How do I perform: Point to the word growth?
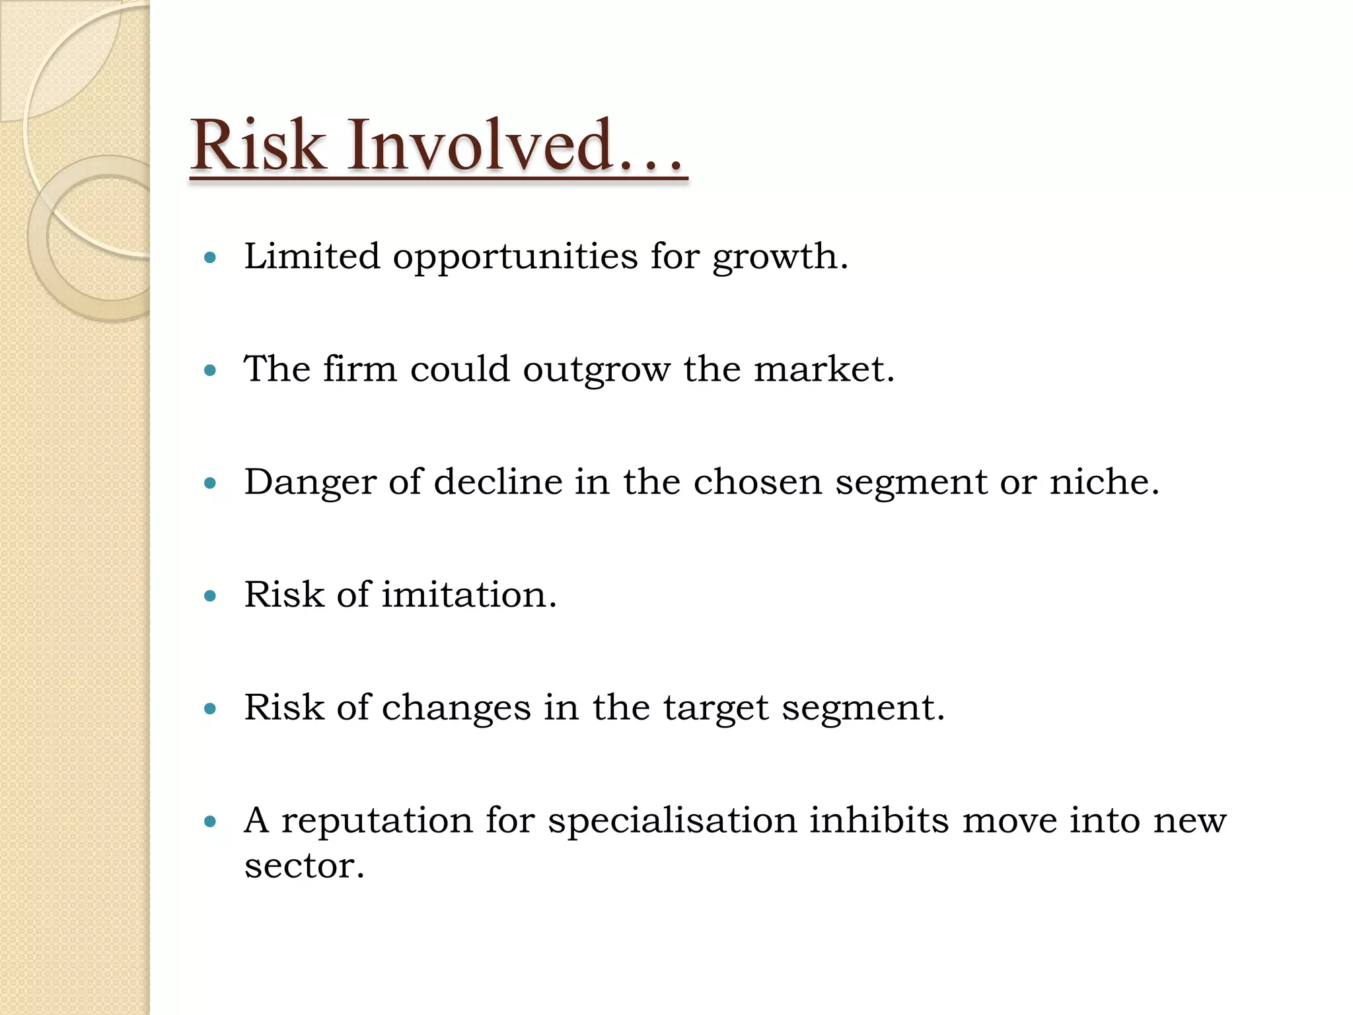pos(780,258)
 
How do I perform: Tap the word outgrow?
pos(596,370)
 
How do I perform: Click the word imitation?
pos(469,594)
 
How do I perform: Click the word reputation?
pos(377,821)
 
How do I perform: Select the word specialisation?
pos(673,821)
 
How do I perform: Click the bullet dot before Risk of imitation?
pos(211,597)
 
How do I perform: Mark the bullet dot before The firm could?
pos(211,371)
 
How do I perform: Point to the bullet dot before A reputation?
pos(211,822)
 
